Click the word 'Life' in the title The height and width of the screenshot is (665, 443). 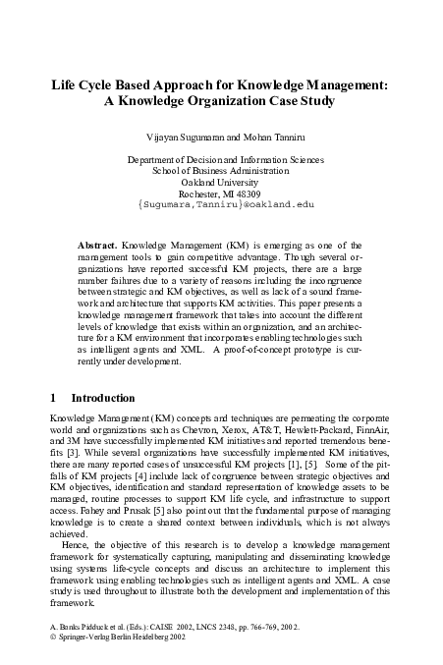pos(66,84)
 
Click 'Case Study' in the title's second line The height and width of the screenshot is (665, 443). pos(301,101)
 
